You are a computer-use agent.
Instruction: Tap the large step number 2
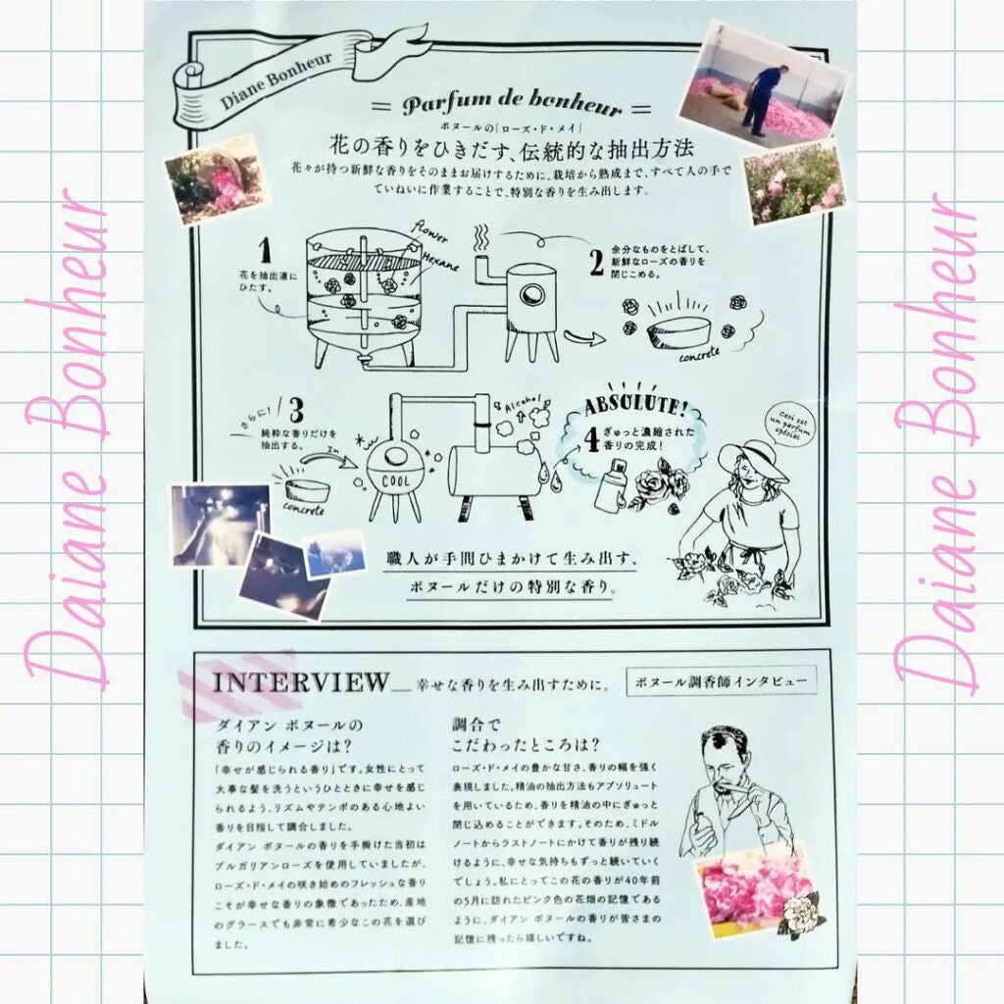click(x=596, y=263)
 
